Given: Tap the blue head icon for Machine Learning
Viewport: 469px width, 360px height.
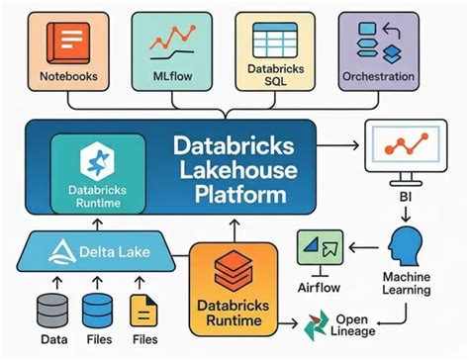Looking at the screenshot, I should coord(406,244).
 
